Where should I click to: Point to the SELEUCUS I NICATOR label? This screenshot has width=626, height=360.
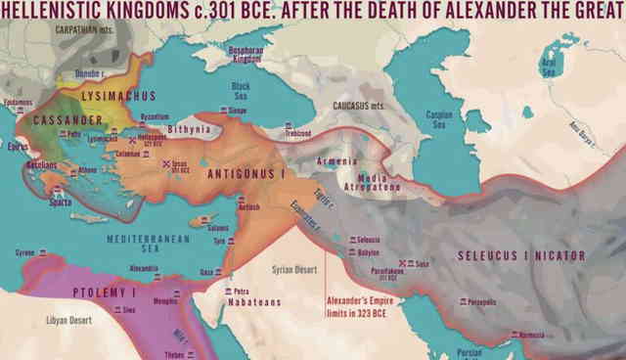520,256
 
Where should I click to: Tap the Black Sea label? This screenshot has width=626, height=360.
241,92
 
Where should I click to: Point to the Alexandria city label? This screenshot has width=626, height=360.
116,267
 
